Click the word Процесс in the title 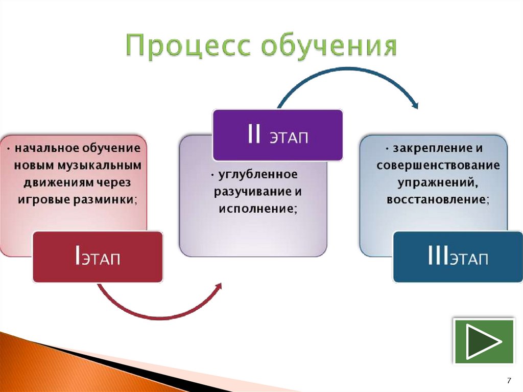(x=188, y=45)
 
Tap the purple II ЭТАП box (x=278, y=135)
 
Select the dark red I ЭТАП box (x=98, y=257)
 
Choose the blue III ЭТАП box (x=458, y=257)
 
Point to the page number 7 (x=509, y=380)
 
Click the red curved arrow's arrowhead (x=218, y=287)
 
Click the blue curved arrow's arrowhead (x=415, y=104)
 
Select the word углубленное (x=257, y=175)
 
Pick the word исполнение (x=257, y=209)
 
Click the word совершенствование (x=438, y=165)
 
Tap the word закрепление (x=430, y=148)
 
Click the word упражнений (x=436, y=182)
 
